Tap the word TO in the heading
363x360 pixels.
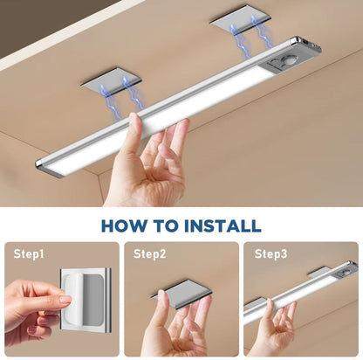[x=165, y=225]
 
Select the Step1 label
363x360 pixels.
[x=29, y=253]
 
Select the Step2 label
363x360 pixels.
[x=150, y=253]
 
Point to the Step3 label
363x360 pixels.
[x=271, y=253]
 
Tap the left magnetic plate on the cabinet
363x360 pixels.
[x=111, y=81]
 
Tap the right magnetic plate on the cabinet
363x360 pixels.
[x=241, y=21]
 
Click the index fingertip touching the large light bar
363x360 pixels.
[x=134, y=119]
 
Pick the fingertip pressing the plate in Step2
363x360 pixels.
[x=164, y=295]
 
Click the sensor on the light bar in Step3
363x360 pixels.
[x=345, y=273]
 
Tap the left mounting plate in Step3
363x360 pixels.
[x=253, y=303]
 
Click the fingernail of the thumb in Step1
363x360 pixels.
[x=65, y=299]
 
